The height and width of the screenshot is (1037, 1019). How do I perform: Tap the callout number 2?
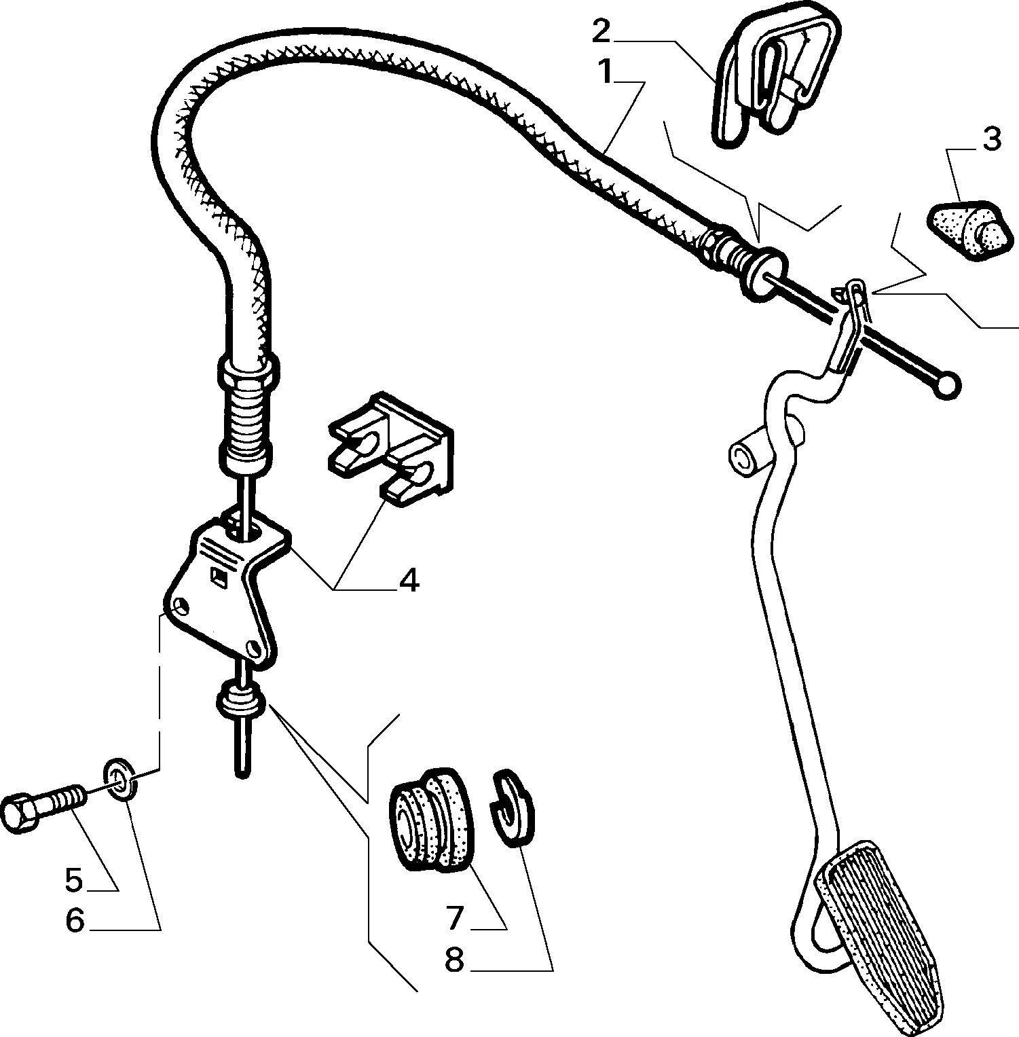coord(603,31)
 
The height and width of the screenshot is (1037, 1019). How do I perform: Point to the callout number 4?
coord(409,581)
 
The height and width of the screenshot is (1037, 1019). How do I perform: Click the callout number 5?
coord(74,880)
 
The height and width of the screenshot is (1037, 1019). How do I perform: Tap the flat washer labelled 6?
coord(120,781)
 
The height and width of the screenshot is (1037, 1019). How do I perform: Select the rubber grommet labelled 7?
coord(429,819)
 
